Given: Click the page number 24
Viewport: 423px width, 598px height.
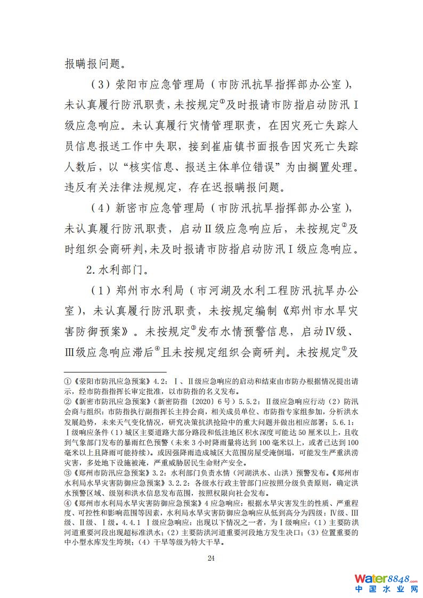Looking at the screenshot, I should tap(211, 558).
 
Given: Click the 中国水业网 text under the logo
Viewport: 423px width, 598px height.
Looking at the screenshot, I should tap(386, 590).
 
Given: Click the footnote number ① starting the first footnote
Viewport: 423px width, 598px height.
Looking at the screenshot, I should tap(68, 381).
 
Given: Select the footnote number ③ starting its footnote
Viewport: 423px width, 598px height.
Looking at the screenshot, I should tap(68, 472).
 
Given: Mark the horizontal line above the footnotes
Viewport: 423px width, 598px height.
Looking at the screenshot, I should tap(115, 372).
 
